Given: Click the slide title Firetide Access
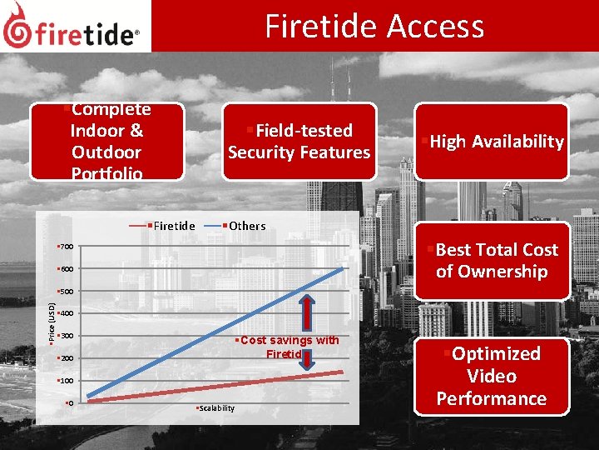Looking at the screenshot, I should click(374, 27).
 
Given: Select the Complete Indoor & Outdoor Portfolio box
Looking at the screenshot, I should click(106, 142).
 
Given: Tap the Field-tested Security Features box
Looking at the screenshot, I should click(299, 142).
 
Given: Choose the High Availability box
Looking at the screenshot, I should click(492, 142).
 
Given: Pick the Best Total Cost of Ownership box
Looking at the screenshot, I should click(492, 261).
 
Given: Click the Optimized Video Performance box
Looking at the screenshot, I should click(492, 376).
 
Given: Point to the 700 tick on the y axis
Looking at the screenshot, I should click(66, 247).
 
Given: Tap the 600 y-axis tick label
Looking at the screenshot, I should click(66, 270).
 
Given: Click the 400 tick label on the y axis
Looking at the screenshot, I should click(66, 314).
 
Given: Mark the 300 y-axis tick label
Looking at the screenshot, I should click(66, 337).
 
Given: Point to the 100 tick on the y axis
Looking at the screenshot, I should click(66, 381).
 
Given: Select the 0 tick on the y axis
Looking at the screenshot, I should click(70, 403).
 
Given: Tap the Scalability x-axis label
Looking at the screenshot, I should click(215, 408).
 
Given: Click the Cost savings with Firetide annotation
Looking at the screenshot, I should click(287, 347).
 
